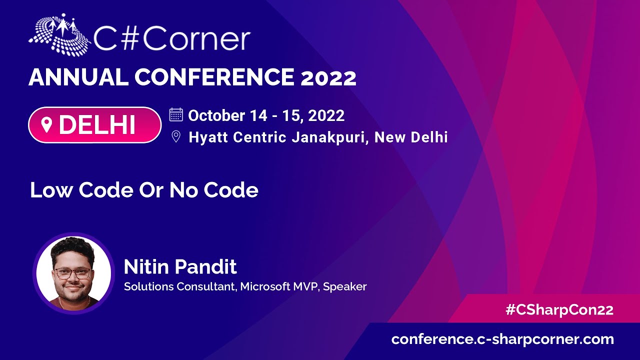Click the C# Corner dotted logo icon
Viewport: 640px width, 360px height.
pyautogui.click(x=59, y=35)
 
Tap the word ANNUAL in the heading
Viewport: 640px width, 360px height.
pyautogui.click(x=78, y=77)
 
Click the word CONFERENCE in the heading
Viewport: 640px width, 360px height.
pyautogui.click(x=214, y=77)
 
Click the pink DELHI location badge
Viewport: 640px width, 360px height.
pyautogui.click(x=95, y=125)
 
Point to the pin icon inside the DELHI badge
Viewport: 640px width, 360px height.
pyautogui.click(x=46, y=125)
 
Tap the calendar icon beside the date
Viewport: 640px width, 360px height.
pyautogui.click(x=176, y=115)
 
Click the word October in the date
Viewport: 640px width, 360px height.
pyautogui.click(x=216, y=115)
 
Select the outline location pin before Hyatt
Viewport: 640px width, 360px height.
pyautogui.click(x=176, y=136)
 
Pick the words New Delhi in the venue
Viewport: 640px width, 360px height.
pyautogui.click(x=411, y=137)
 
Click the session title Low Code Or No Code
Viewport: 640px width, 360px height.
pyautogui.click(x=144, y=190)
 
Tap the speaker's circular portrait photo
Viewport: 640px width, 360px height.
pyautogui.click(x=73, y=273)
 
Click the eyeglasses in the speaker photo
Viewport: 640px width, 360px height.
pyautogui.click(x=73, y=273)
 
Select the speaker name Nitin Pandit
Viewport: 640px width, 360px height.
pyautogui.click(x=180, y=266)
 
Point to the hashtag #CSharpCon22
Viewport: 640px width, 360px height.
pyautogui.click(x=559, y=310)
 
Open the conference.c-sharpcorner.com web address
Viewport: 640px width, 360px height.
pyautogui.click(x=502, y=339)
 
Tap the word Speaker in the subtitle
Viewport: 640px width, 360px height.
pyautogui.click(x=345, y=287)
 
